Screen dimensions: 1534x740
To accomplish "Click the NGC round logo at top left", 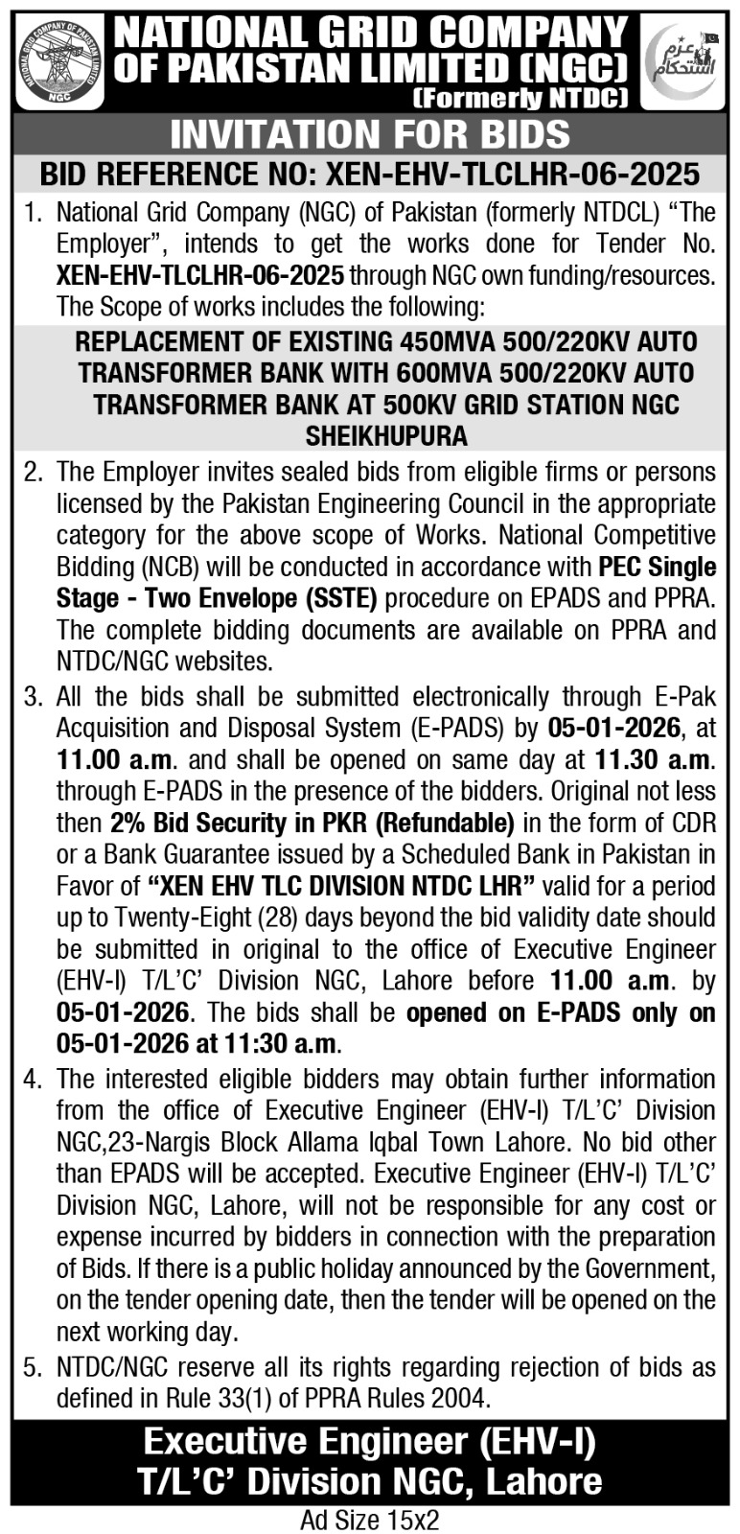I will [x=60, y=58].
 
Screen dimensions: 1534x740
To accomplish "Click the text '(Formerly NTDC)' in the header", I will [x=520, y=97].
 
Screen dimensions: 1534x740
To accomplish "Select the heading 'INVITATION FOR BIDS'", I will [x=370, y=134].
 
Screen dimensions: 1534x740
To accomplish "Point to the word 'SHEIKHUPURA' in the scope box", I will [x=386, y=435].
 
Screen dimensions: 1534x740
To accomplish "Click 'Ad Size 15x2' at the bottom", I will [x=369, y=1520].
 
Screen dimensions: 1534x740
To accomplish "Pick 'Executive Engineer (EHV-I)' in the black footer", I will [x=370, y=1441].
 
